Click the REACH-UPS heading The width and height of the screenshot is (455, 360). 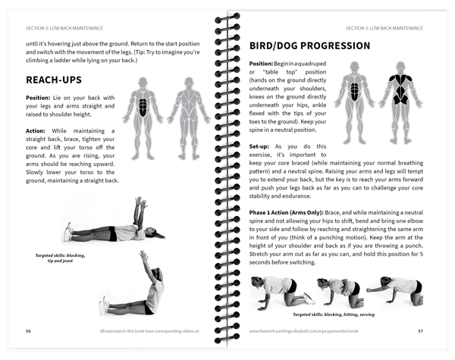[54, 80]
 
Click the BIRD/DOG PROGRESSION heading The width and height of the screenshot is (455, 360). [309, 45]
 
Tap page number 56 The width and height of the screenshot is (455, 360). [28, 331]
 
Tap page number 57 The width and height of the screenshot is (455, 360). [420, 331]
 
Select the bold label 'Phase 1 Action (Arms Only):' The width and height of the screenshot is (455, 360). [286, 213]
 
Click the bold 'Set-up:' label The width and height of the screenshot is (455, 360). [259, 146]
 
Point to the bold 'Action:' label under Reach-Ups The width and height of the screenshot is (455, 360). [36, 131]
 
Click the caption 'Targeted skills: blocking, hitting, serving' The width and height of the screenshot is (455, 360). [334, 315]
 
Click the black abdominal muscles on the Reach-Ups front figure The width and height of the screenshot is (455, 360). [143, 108]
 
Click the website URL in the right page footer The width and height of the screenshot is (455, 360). [303, 331]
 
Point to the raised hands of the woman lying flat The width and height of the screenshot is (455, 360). [141, 202]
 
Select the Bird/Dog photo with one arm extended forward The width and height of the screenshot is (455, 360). [395, 290]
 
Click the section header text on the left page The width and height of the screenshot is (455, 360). [64, 28]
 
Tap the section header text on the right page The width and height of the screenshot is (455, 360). [384, 28]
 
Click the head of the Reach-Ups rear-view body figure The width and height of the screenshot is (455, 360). [189, 82]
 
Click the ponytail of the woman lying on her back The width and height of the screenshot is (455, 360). [159, 236]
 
